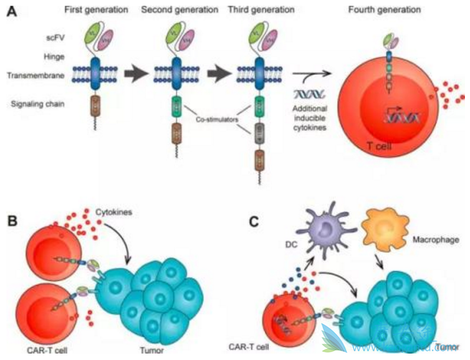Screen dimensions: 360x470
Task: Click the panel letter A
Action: point(12,13)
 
